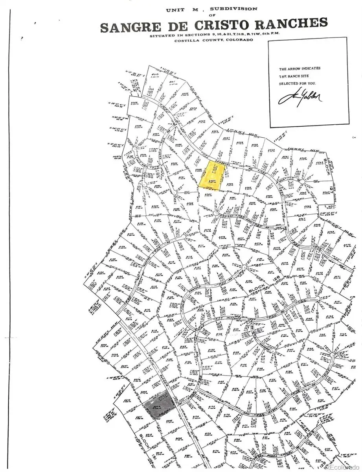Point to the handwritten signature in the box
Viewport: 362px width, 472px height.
click(300, 96)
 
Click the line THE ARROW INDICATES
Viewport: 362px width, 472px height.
click(300, 68)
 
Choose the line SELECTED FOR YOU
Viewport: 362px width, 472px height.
click(298, 83)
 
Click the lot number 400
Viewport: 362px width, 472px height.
click(155, 74)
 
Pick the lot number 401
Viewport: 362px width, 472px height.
click(172, 82)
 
